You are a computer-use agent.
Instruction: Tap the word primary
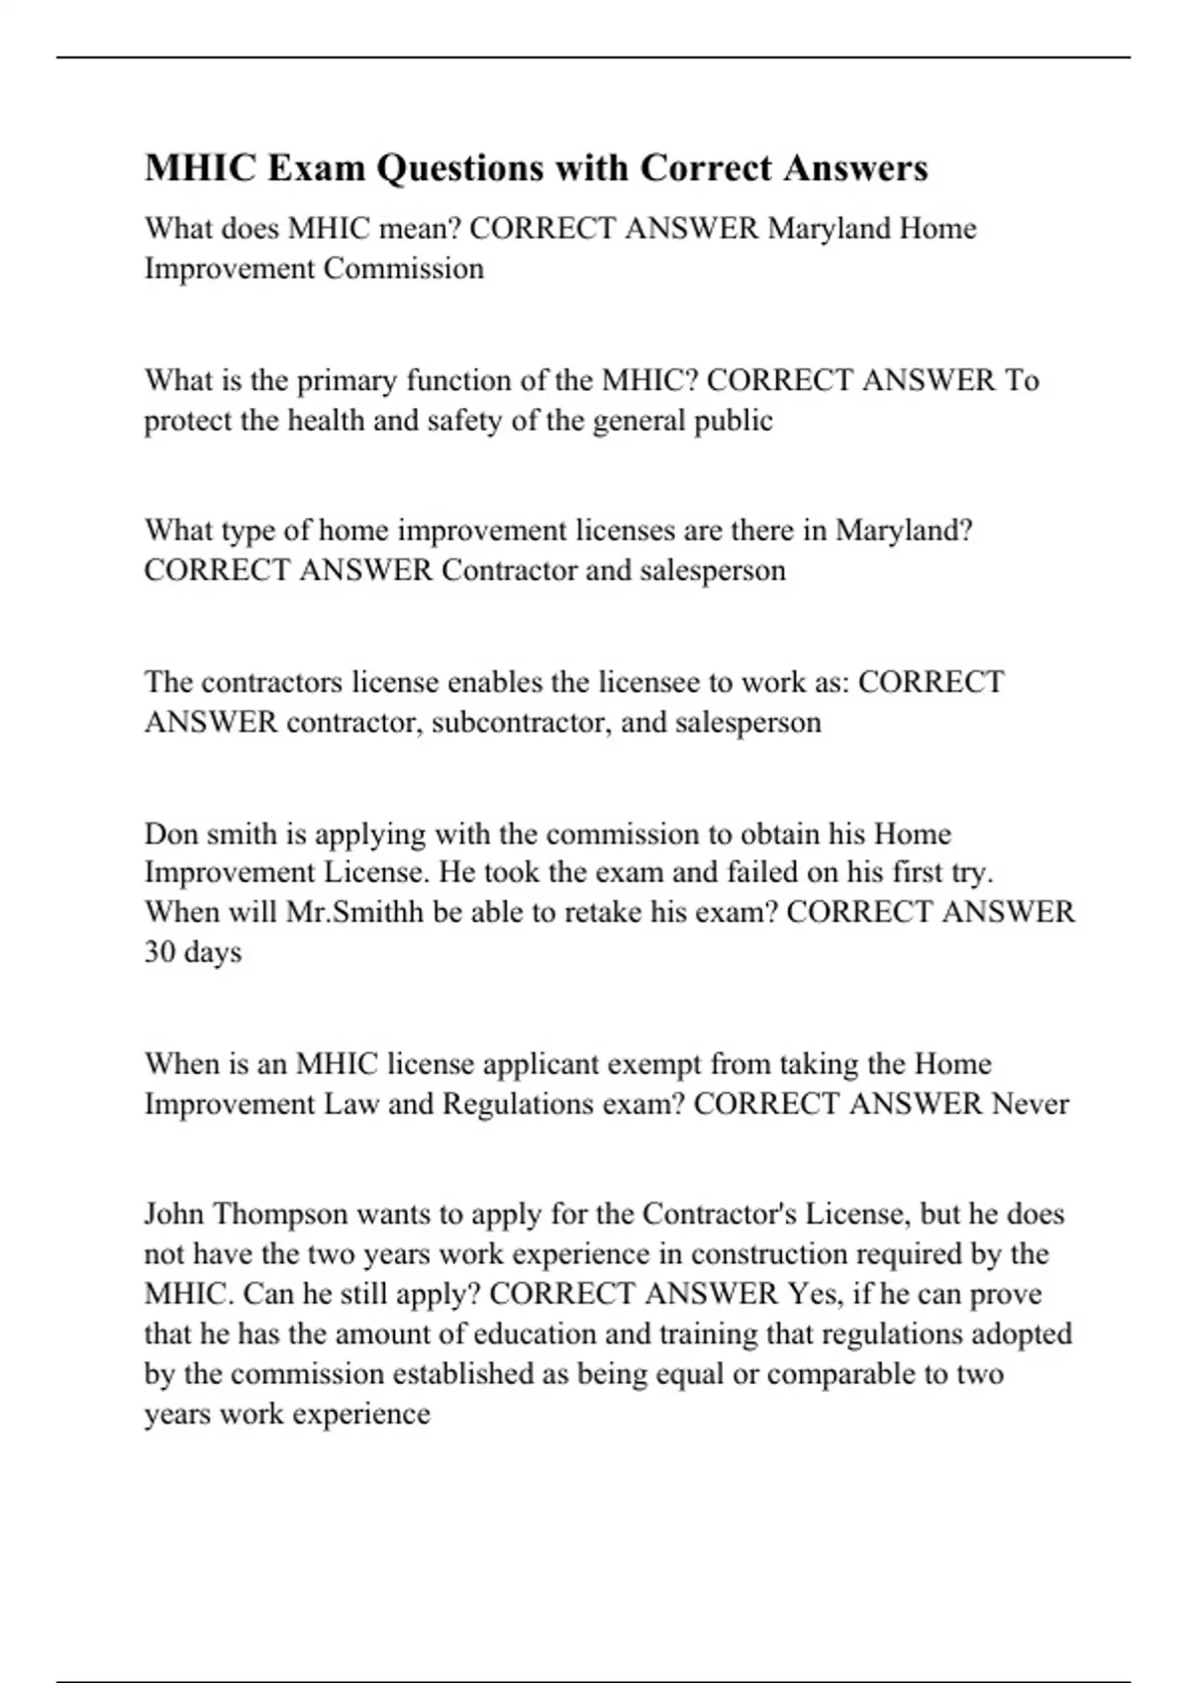(x=347, y=380)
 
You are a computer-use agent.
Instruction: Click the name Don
(x=169, y=834)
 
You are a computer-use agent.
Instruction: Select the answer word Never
(x=1030, y=1104)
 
